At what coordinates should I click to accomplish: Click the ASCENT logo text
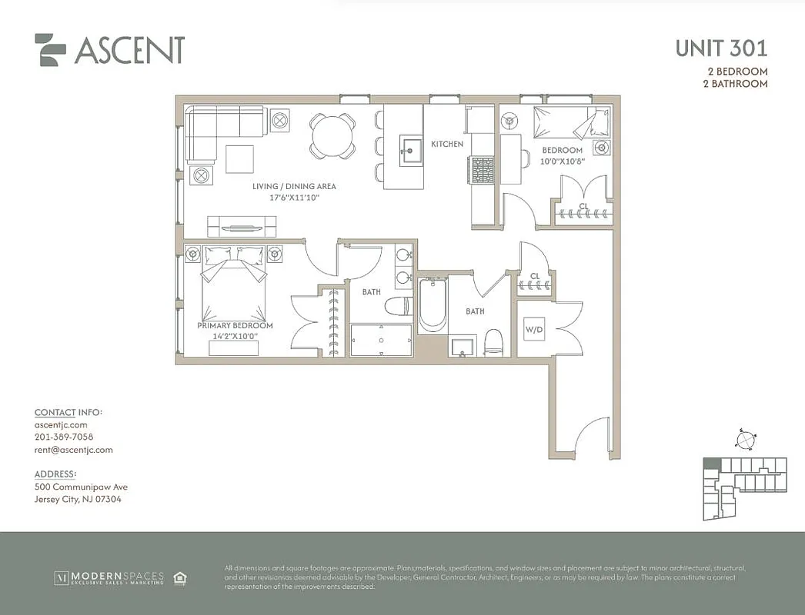tap(129, 50)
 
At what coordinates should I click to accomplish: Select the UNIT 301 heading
tap(721, 48)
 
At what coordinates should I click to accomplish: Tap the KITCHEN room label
tap(447, 145)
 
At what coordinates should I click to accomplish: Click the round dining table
tap(332, 135)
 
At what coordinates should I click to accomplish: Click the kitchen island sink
tap(410, 148)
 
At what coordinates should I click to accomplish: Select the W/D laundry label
tap(534, 330)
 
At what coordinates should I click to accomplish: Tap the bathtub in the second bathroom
tap(433, 305)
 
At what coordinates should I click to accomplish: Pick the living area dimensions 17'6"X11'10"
tap(294, 198)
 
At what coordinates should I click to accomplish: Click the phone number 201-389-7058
tap(64, 437)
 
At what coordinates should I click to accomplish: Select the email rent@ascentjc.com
tap(74, 450)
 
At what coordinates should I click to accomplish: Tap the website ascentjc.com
tap(61, 424)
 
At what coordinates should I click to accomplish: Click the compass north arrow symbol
tap(745, 440)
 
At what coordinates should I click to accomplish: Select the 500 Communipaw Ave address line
tap(81, 487)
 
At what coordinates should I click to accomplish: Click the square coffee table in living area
tap(239, 159)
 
